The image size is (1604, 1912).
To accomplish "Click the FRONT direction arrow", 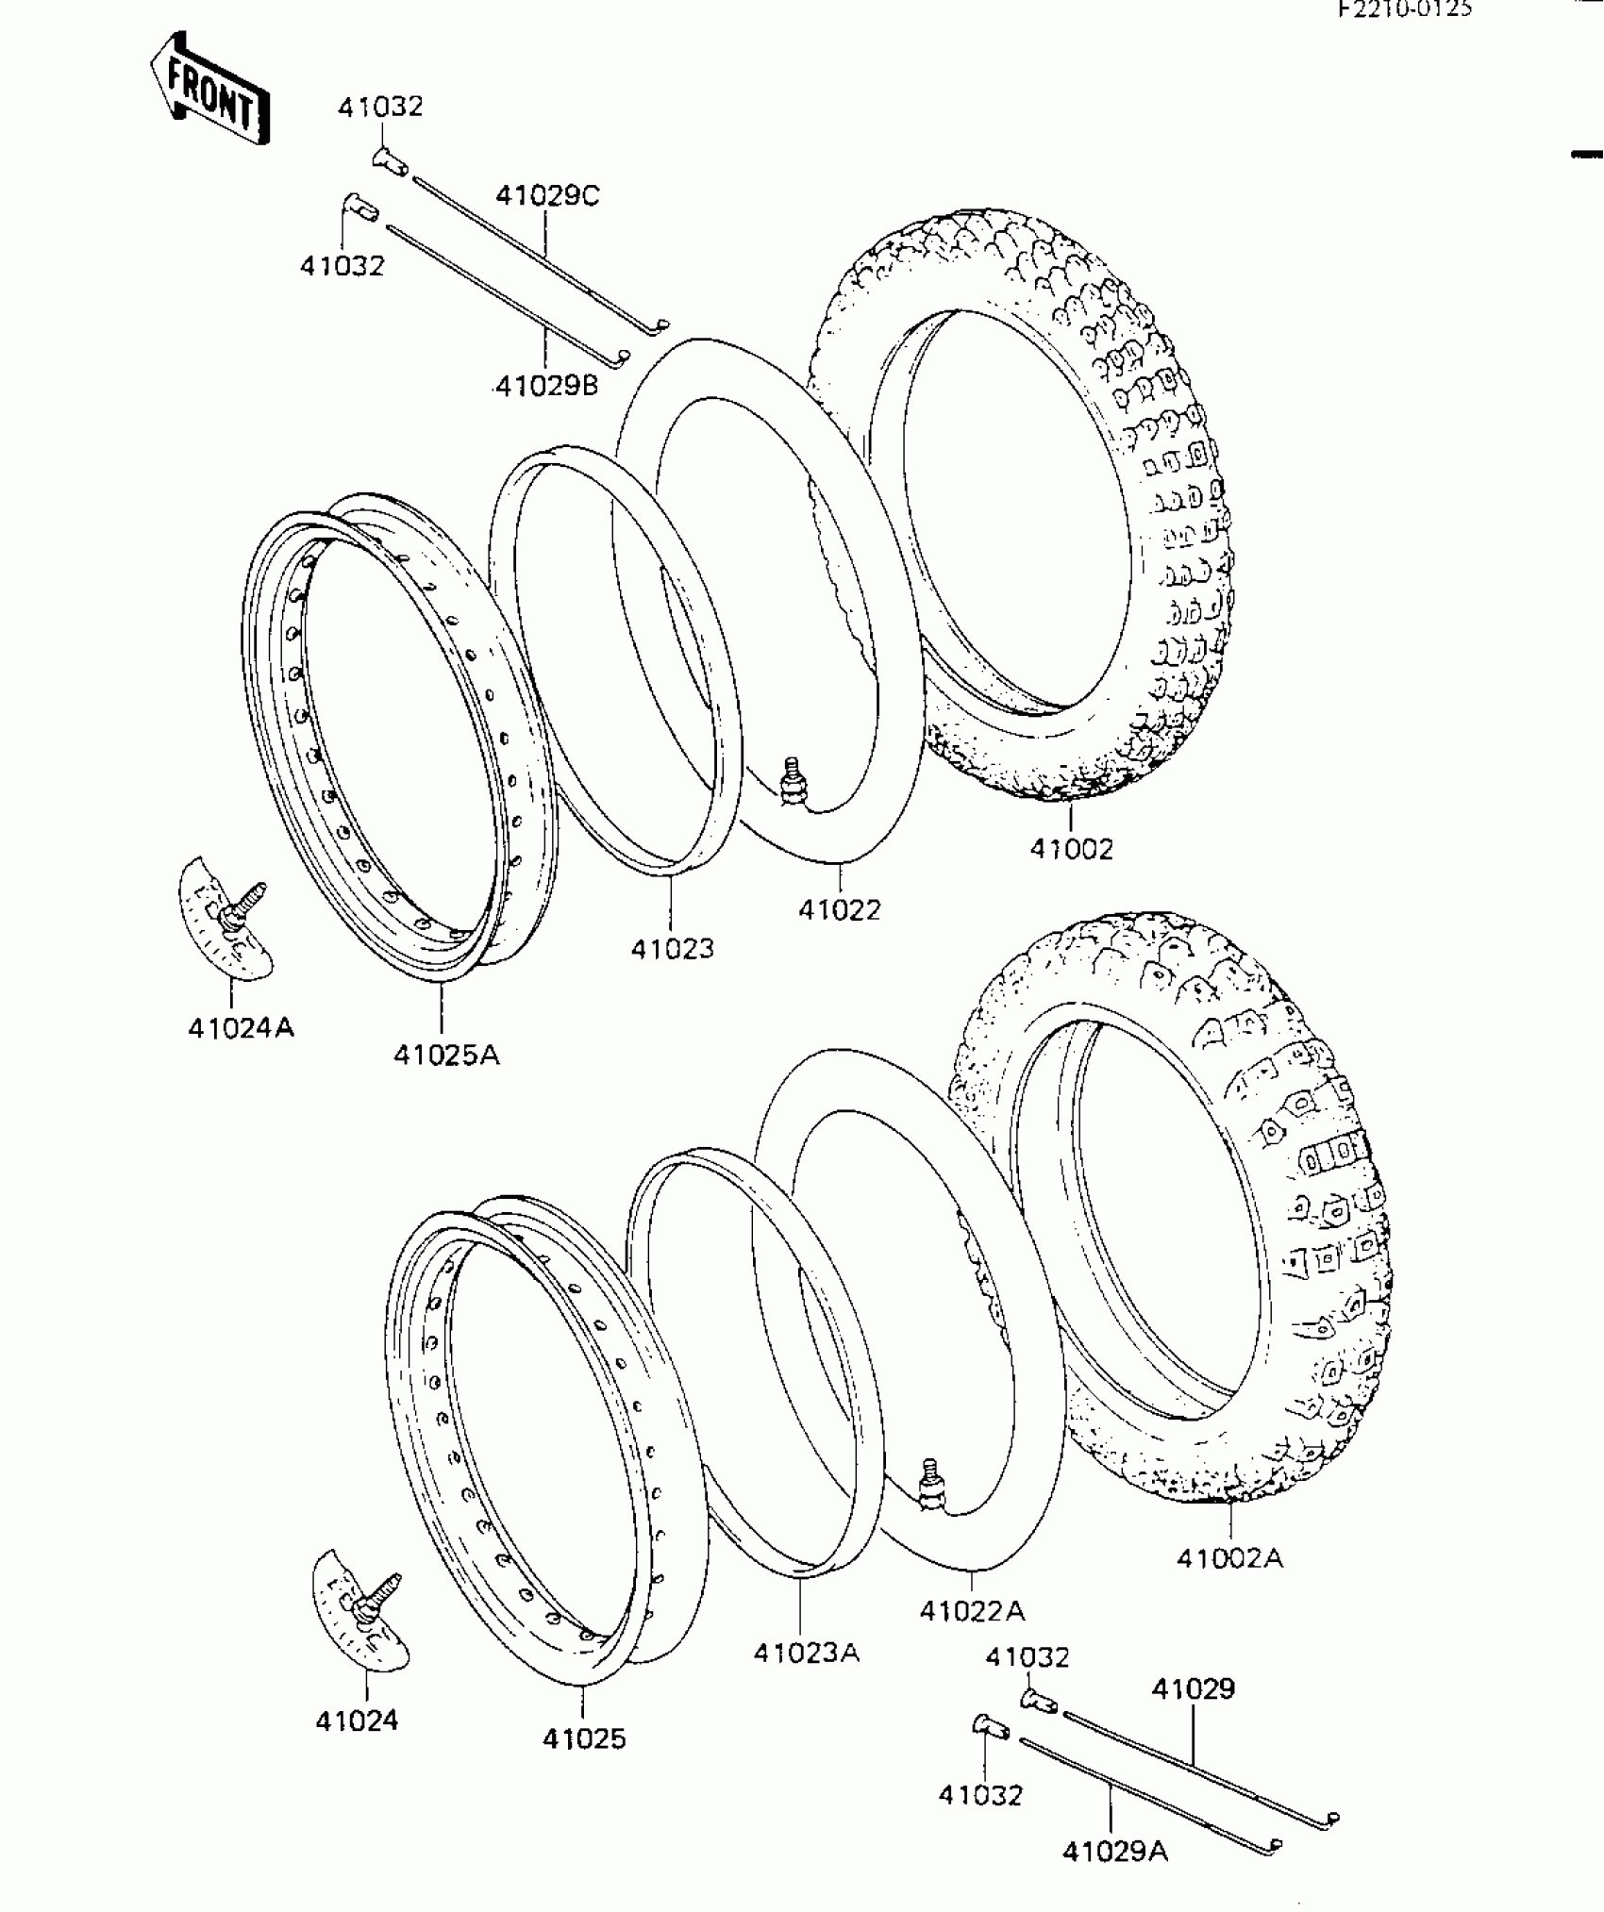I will [x=210, y=90].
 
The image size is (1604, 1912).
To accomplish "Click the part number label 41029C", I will [x=547, y=196].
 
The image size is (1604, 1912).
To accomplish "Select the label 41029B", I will [x=546, y=386].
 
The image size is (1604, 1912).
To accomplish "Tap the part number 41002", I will [x=1071, y=849].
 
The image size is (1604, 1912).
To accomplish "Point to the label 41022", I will [x=839, y=909].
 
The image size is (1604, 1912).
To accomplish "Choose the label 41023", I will [x=672, y=948].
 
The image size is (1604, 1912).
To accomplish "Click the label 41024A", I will [x=241, y=1027].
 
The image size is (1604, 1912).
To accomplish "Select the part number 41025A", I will [x=446, y=1055].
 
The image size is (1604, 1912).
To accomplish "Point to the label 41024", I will [x=357, y=1721].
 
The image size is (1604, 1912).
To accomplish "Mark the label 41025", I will [x=584, y=1738].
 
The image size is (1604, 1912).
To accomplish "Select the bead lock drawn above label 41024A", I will [x=226, y=919].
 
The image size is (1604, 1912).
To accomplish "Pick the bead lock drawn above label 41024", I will [x=360, y=1610].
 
